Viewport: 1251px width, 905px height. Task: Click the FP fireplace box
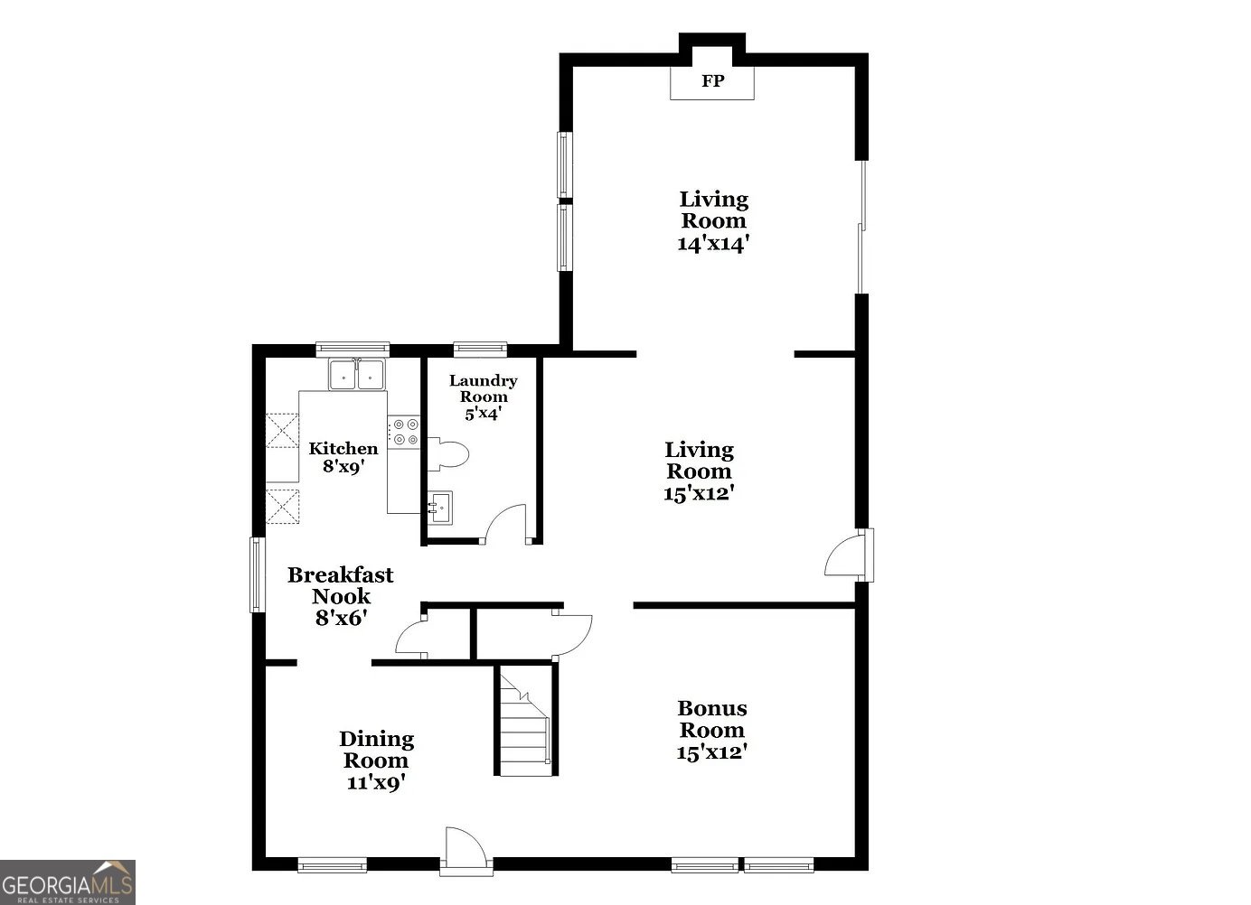point(712,81)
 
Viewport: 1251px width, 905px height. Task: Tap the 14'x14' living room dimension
point(714,244)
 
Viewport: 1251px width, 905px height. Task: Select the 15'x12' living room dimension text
point(699,494)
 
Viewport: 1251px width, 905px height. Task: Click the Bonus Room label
point(712,720)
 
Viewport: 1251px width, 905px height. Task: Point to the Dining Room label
point(376,750)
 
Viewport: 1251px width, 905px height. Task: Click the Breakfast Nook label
point(341,585)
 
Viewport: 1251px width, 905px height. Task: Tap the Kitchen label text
point(343,449)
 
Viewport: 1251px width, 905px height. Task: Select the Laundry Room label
point(484,388)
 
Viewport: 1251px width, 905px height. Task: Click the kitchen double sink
point(357,374)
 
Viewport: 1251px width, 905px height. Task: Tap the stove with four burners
point(404,432)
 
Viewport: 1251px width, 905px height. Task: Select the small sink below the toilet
point(440,508)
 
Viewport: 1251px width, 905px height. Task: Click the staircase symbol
point(522,721)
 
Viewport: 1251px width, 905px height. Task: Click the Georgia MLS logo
point(68,882)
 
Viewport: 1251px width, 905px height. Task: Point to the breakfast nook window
point(258,574)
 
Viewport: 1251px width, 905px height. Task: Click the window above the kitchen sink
point(353,349)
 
